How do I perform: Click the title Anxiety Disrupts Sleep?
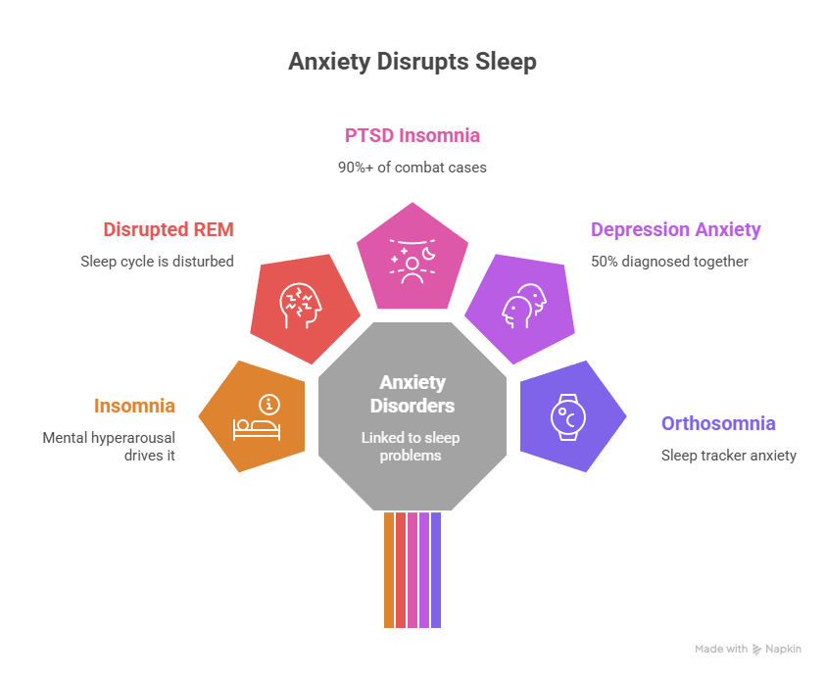pyautogui.click(x=412, y=62)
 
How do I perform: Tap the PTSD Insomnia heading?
pyautogui.click(x=412, y=135)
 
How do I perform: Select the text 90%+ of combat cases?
pyautogui.click(x=412, y=167)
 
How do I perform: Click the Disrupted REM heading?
pyautogui.click(x=169, y=230)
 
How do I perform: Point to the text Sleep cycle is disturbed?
pyautogui.click(x=157, y=262)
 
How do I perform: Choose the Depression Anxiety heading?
pyautogui.click(x=675, y=230)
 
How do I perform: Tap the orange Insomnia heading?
pyautogui.click(x=135, y=406)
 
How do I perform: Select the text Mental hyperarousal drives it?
pyautogui.click(x=109, y=446)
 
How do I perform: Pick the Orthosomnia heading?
pyautogui.click(x=718, y=424)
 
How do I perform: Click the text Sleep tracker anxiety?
pyautogui.click(x=728, y=455)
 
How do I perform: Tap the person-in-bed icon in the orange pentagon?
pyautogui.click(x=257, y=416)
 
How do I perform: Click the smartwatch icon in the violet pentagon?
pyautogui.click(x=566, y=416)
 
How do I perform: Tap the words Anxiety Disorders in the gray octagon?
pyautogui.click(x=412, y=394)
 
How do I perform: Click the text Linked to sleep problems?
pyautogui.click(x=412, y=447)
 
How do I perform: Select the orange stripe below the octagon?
pyautogui.click(x=389, y=568)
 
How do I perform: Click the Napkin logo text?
pyautogui.click(x=782, y=649)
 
